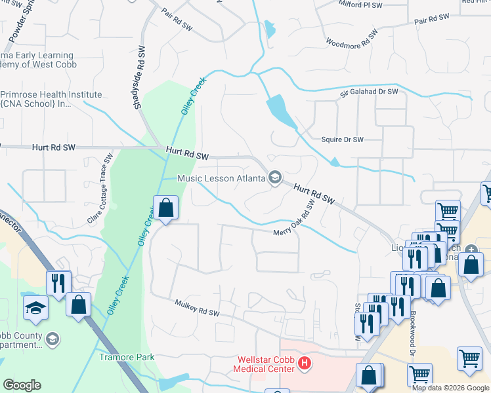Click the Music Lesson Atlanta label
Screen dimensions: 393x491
[222, 178]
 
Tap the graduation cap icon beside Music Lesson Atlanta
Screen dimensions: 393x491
[275, 178]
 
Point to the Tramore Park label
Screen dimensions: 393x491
[127, 357]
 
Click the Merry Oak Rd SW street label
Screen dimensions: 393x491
[295, 223]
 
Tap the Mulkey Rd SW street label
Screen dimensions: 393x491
[197, 308]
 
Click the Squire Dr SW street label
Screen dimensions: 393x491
[342, 140]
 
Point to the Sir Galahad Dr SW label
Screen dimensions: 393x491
[369, 92]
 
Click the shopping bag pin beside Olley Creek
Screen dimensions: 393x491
[166, 208]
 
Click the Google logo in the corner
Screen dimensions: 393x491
[22, 385]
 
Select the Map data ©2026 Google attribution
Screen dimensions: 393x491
[451, 388]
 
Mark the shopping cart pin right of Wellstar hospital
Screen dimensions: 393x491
[419, 375]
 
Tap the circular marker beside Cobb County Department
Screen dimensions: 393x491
[53, 339]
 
